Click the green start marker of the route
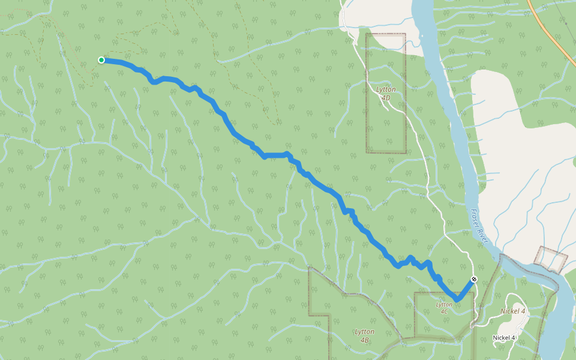click(101, 59)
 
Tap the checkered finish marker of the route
click(474, 279)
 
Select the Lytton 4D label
click(386, 93)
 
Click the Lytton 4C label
click(443, 308)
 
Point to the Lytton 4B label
click(364, 335)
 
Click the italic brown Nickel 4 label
click(513, 311)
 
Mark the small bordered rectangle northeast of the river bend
click(551, 258)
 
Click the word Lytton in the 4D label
click(386, 89)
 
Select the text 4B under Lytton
click(364, 340)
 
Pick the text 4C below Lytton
click(443, 312)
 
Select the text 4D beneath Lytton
click(386, 97)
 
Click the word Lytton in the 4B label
click(364, 331)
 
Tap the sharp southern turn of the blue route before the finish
click(457, 298)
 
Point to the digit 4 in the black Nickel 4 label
click(514, 337)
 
